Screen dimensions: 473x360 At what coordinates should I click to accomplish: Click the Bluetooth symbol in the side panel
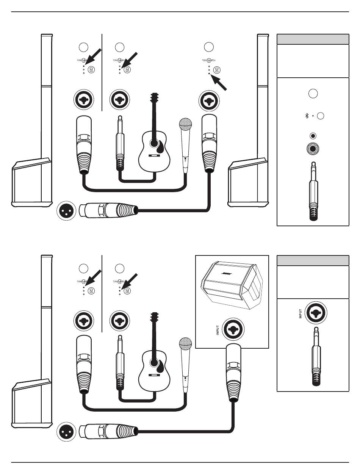[307, 116]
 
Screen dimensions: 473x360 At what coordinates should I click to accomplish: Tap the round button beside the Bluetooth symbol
[321, 116]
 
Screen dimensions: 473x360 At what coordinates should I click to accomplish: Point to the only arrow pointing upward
[220, 83]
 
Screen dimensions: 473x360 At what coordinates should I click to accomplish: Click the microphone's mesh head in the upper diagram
[185, 124]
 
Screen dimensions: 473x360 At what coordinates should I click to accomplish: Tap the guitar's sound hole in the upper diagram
[154, 143]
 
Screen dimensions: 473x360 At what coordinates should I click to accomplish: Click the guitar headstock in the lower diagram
[154, 320]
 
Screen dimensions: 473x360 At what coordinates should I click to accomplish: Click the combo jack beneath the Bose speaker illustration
[233, 328]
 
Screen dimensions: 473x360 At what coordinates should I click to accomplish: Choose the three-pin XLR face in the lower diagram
[66, 432]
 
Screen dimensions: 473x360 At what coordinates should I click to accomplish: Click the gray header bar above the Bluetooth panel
[313, 39]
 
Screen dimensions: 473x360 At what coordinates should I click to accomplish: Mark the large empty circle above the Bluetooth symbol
[313, 93]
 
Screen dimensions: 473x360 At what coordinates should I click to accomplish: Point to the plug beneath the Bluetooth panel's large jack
[313, 191]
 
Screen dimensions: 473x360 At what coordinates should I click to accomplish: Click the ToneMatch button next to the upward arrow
[217, 70]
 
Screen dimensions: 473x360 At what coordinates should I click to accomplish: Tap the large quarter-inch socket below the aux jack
[313, 149]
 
